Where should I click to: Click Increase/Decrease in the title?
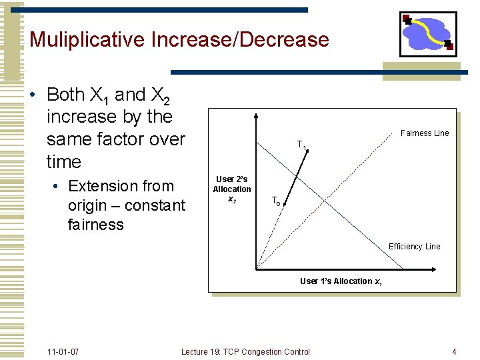coord(241,39)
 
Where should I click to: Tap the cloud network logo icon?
coord(428,33)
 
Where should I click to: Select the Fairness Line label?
coord(425,133)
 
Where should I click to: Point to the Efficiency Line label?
coord(414,247)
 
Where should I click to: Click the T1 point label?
coord(301,145)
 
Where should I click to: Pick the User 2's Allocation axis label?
coord(232,189)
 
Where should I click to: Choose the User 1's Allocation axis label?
coord(341,281)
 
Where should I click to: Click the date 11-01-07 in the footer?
coord(63,351)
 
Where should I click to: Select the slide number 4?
coord(453,351)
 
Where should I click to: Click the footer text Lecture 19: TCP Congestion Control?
coord(245,351)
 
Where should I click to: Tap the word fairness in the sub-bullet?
coord(95,225)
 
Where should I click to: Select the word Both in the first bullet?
coord(65,95)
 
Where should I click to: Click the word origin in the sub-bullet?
coord(90,205)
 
